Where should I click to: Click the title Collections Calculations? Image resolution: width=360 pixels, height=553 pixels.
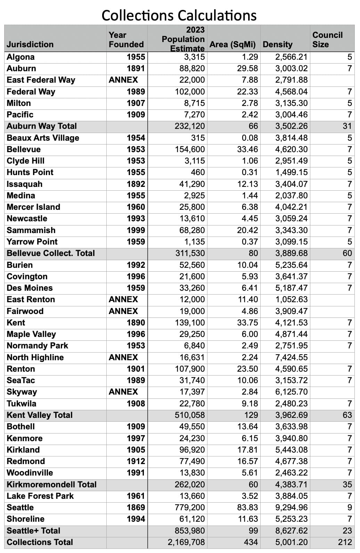click(x=179, y=16)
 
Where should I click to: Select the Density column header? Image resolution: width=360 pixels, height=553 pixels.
click(x=277, y=44)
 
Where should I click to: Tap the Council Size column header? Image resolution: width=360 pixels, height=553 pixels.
click(x=327, y=40)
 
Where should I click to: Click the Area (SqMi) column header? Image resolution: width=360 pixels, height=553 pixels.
click(x=232, y=44)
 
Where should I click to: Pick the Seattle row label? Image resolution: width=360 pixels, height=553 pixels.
click(x=20, y=507)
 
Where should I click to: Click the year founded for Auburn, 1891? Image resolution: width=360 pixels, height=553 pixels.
click(x=136, y=68)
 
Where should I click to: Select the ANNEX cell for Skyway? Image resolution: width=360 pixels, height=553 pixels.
click(x=123, y=392)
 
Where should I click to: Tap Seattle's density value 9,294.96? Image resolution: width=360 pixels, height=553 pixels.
click(x=291, y=507)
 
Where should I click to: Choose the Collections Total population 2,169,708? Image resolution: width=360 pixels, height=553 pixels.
click(x=186, y=542)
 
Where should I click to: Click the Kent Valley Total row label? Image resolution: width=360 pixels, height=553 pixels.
click(x=40, y=415)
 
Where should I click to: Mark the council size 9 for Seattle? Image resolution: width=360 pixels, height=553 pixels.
click(x=349, y=507)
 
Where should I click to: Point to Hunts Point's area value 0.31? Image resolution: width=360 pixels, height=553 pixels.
click(x=250, y=172)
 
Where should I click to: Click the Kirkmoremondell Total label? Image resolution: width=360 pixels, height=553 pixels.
click(x=51, y=485)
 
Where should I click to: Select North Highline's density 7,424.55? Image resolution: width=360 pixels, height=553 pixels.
click(x=291, y=357)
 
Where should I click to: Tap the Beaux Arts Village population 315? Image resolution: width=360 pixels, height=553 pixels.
click(x=198, y=138)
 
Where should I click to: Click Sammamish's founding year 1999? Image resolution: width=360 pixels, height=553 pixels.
click(x=136, y=230)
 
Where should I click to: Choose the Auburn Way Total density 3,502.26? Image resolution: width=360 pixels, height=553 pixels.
click(x=291, y=126)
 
